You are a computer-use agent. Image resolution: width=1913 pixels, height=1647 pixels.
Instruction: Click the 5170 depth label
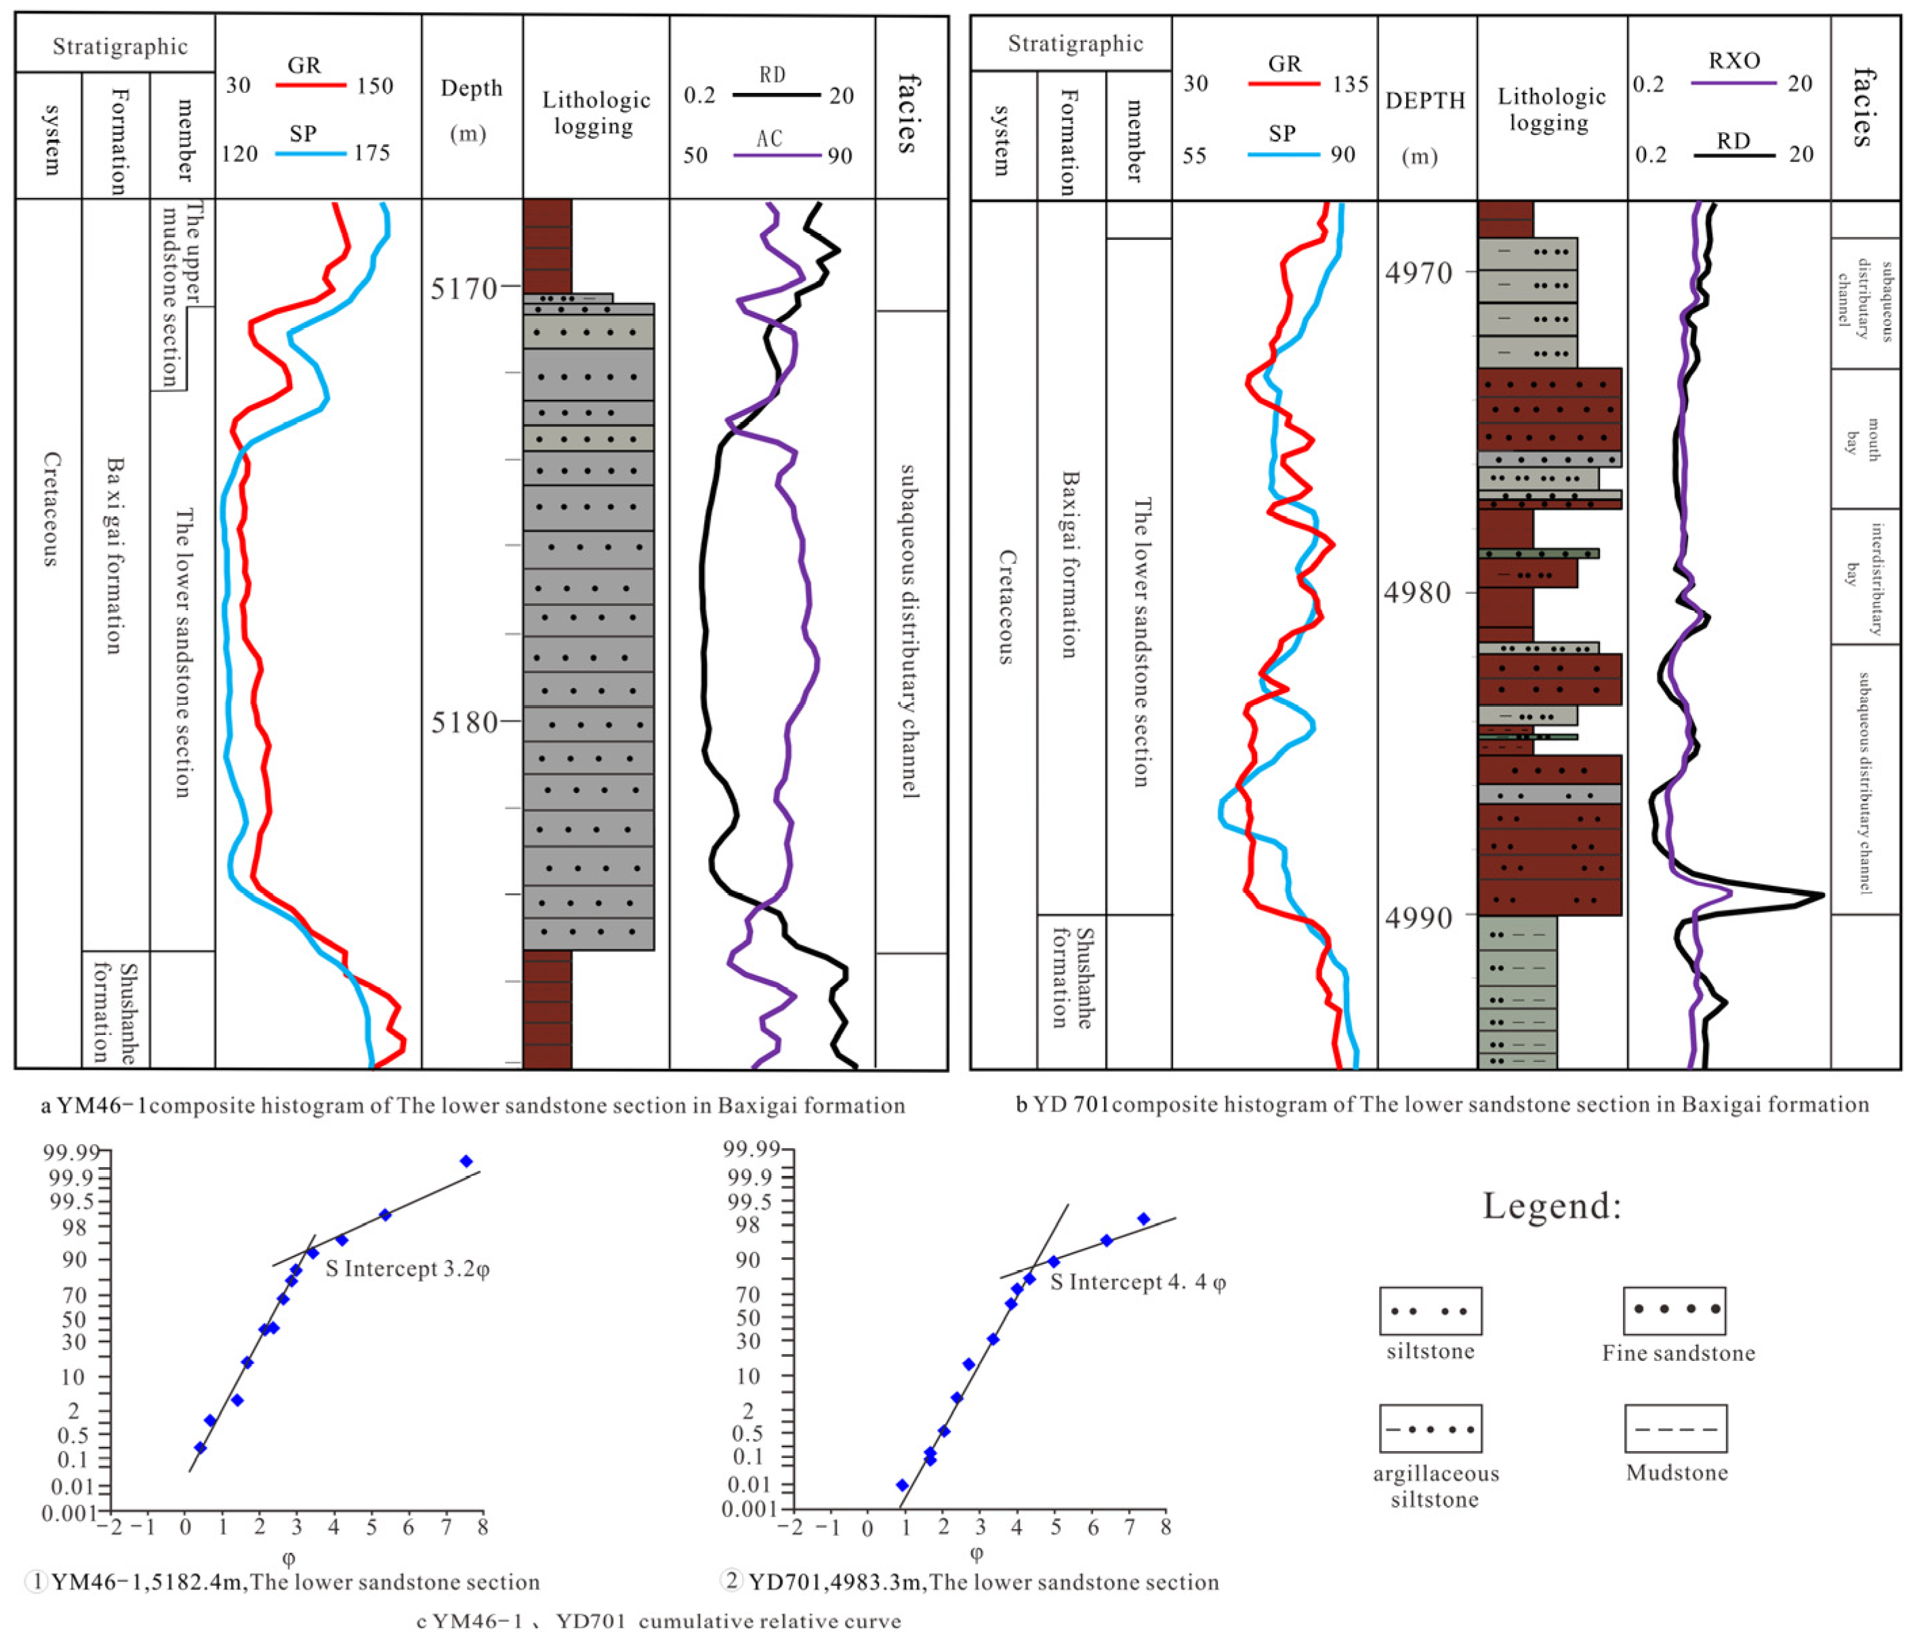464,289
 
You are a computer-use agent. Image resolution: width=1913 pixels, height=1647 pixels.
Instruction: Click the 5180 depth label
464,721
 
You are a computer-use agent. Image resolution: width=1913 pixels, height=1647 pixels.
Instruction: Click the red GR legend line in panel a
310,85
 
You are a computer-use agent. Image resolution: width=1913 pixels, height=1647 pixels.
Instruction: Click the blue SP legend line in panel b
1283,154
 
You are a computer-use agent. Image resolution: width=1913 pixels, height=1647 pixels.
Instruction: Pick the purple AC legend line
777,155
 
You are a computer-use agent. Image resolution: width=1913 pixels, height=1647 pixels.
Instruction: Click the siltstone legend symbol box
1430,1310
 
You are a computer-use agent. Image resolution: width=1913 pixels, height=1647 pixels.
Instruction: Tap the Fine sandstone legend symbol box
1674,1309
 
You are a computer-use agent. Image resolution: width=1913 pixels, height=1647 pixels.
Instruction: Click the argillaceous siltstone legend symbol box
1430,1429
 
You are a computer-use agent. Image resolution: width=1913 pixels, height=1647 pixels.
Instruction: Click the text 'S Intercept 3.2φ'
407,1269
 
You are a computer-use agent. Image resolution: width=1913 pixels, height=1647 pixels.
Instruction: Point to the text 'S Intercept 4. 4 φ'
1138,1282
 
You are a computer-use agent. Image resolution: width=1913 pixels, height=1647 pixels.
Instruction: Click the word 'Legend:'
1552,1206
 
